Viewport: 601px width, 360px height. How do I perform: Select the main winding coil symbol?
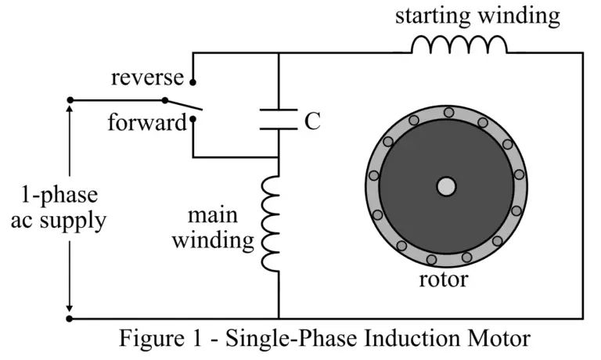pos(271,223)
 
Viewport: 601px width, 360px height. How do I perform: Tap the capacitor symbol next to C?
pos(279,120)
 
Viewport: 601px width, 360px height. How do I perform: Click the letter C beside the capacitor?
pos(312,121)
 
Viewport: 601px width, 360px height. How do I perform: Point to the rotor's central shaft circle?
pos(446,186)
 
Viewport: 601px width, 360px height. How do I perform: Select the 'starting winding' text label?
pos(477,16)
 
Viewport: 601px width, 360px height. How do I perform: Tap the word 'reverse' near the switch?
pos(147,77)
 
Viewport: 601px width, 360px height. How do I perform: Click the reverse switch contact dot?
pos(193,81)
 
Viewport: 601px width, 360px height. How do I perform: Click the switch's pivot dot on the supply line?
pos(164,100)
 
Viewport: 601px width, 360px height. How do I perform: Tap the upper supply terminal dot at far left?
pos(70,100)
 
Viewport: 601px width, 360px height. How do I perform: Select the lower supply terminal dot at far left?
pos(70,319)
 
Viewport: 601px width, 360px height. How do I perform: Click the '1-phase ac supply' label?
pos(59,207)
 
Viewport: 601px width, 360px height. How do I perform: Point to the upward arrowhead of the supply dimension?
pos(70,110)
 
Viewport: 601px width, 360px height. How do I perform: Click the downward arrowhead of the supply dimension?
pos(70,308)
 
